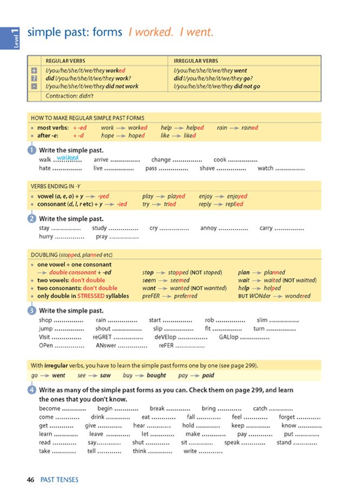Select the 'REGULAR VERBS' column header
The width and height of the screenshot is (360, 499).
(x=66, y=61)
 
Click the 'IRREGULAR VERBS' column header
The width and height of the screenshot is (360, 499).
(x=196, y=61)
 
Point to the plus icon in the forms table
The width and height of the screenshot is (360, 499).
(x=34, y=70)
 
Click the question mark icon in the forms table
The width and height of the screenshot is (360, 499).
(x=34, y=79)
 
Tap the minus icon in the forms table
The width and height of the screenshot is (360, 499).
(x=34, y=86)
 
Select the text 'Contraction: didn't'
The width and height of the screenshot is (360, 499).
(x=70, y=96)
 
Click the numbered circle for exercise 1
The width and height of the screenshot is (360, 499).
(x=31, y=150)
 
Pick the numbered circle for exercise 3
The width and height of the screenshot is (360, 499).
(x=31, y=310)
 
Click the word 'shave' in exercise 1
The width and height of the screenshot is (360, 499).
(x=207, y=169)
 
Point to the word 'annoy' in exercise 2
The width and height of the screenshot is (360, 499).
(x=208, y=228)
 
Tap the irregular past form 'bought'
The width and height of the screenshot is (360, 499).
(x=156, y=375)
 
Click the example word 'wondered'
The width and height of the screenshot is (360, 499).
(x=297, y=296)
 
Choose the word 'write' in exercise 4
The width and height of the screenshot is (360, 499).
(x=190, y=451)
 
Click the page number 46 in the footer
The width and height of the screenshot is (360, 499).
(x=31, y=479)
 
